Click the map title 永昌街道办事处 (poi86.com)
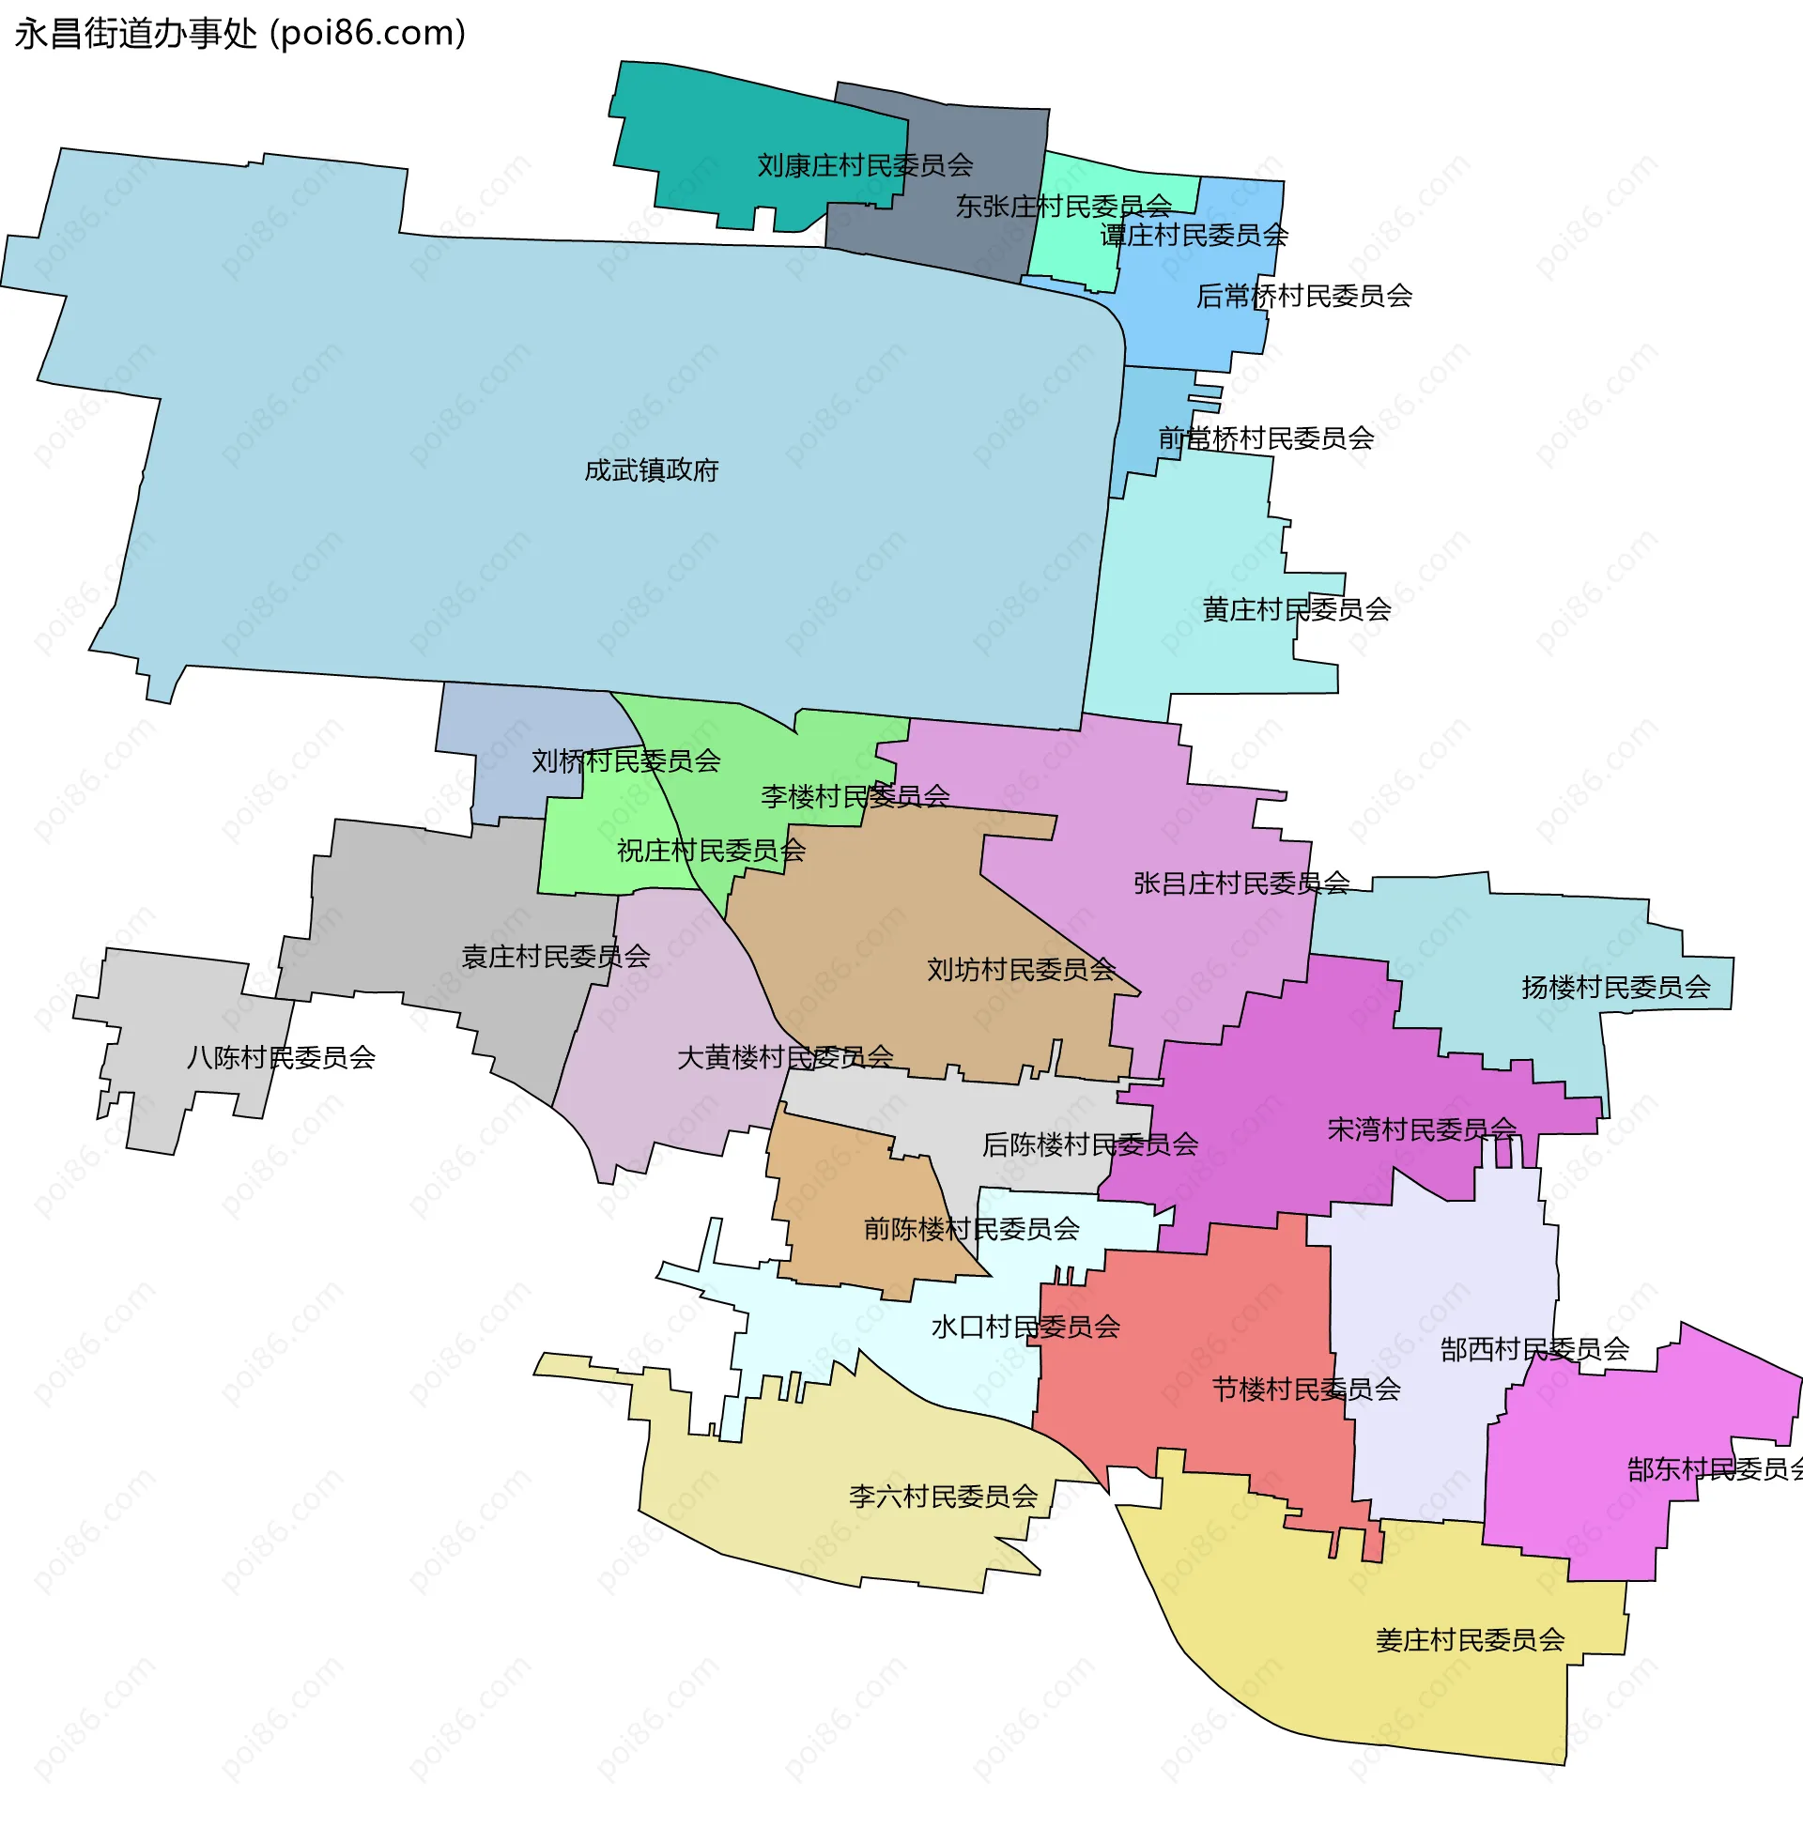[240, 34]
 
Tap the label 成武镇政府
[651, 470]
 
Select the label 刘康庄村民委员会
[865, 166]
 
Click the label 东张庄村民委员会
[1063, 207]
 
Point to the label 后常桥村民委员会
[1303, 297]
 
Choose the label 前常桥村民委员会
[1266, 438]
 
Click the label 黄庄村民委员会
[1296, 610]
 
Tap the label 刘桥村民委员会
[625, 761]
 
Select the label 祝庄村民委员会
[711, 852]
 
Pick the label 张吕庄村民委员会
[1241, 884]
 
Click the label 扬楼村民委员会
[1616, 989]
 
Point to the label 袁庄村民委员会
[555, 957]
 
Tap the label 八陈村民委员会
[281, 1057]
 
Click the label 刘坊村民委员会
[1021, 970]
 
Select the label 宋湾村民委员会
[1422, 1130]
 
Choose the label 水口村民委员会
[1025, 1328]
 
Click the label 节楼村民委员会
[1305, 1390]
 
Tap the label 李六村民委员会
[943, 1497]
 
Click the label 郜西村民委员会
[1534, 1350]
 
